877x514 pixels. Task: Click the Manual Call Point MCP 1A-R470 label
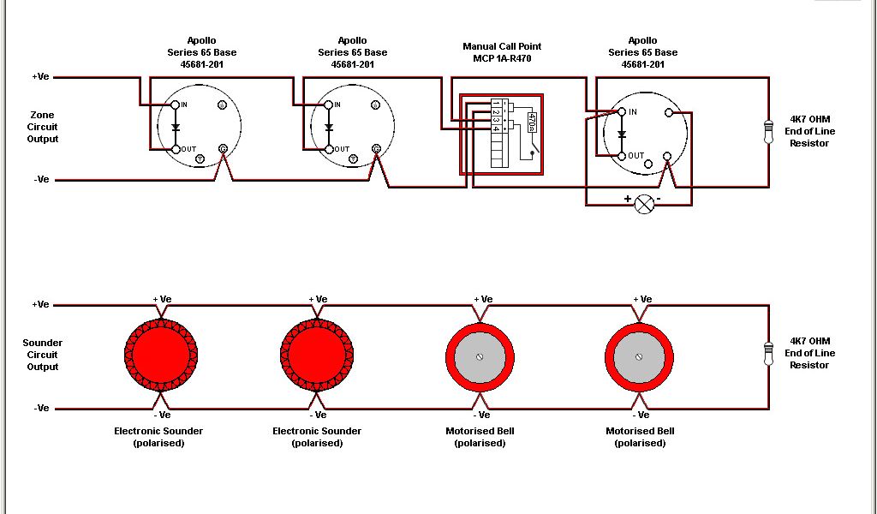[502, 52]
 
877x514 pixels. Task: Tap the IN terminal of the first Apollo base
[176, 105]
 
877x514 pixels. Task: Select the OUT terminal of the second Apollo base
[328, 149]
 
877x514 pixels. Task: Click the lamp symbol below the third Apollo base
[643, 204]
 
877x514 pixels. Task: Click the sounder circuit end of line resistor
[767, 353]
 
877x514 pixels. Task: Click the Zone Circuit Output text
[42, 127]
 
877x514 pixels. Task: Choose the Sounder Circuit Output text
[42, 355]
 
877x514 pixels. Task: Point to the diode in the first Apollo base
[176, 128]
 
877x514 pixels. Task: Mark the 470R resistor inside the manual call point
[532, 121]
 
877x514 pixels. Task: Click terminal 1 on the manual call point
[496, 104]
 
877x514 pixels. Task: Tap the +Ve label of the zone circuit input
[40, 77]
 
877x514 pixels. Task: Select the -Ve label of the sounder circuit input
[40, 409]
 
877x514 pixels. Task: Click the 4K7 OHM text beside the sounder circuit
[809, 341]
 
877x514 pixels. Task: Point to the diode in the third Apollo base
[622, 134]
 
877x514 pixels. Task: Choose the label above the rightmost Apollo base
[642, 52]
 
